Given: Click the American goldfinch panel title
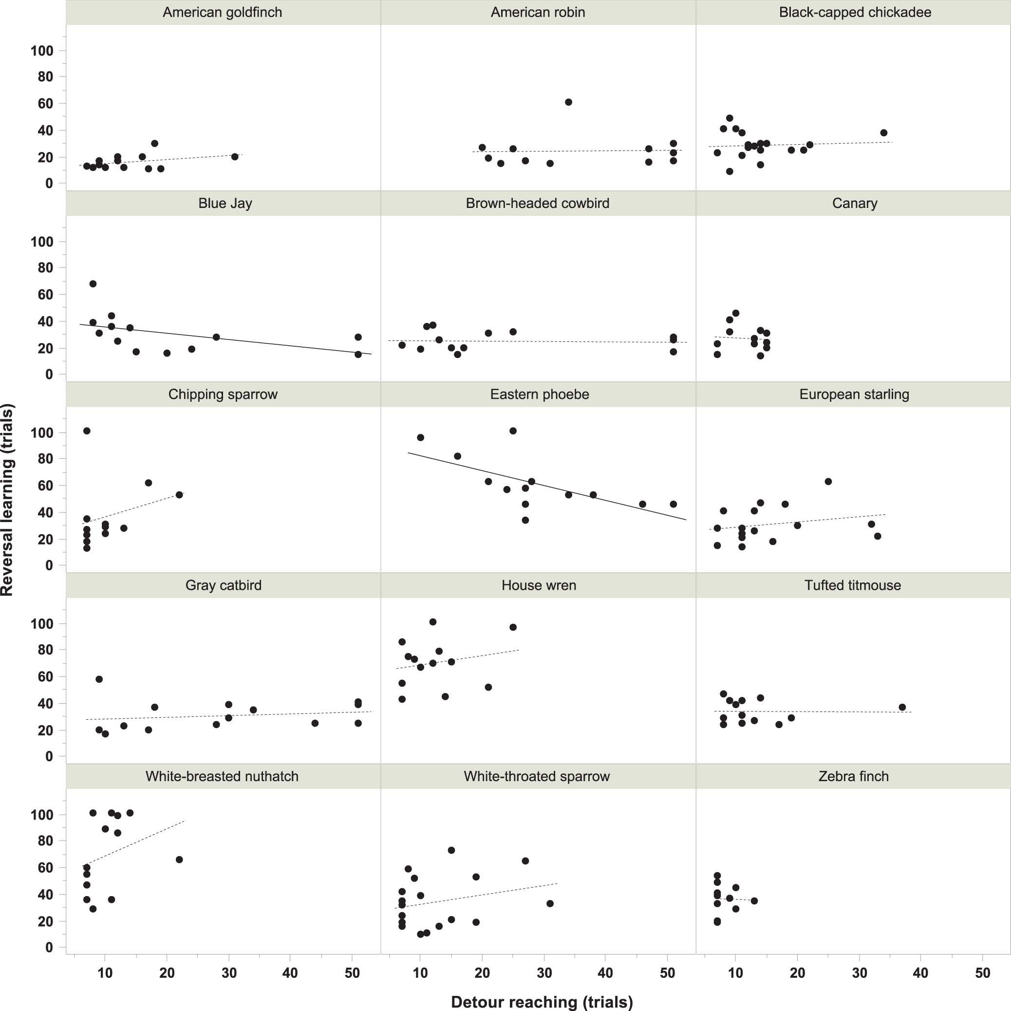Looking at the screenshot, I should point(223,13).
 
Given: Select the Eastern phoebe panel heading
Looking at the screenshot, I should point(540,394).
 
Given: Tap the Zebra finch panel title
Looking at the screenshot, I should point(854,777).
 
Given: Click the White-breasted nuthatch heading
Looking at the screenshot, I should point(222,777).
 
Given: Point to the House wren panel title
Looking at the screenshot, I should point(539,585).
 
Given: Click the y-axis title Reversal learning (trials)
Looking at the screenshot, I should point(7,500).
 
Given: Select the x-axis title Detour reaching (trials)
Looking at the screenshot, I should point(542,1002).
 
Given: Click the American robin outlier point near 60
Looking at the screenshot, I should point(568,102).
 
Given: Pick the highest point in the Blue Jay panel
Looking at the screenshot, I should point(93,283).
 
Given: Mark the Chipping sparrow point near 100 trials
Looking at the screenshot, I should point(87,431).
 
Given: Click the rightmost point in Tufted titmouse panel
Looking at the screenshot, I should point(902,707).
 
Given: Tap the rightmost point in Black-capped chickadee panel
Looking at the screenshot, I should point(884,132).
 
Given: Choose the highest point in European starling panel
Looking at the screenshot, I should point(828,482).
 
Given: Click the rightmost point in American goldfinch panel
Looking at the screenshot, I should point(234,156).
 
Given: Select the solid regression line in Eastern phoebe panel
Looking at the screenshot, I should point(547,486).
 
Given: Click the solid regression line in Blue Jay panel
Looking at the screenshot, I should point(225,339).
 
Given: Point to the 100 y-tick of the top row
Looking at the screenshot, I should point(42,51).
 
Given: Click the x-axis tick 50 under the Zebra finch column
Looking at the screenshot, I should point(982,973).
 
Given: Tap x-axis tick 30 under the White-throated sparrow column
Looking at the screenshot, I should point(544,973).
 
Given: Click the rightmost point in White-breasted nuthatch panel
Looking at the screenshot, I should point(179,859).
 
